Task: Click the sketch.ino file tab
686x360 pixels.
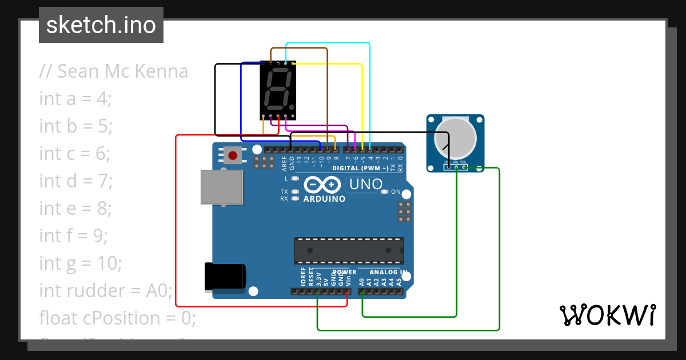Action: click(x=101, y=25)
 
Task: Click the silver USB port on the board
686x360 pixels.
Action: click(x=222, y=187)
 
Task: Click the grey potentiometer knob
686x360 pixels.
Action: click(x=455, y=138)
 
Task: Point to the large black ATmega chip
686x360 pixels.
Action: click(x=349, y=251)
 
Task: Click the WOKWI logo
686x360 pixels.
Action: click(x=607, y=315)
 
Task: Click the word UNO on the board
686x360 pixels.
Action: click(x=365, y=185)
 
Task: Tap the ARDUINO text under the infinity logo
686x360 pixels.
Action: click(x=324, y=199)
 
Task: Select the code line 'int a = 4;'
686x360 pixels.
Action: click(x=75, y=99)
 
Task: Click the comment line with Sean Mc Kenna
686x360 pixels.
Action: click(x=114, y=71)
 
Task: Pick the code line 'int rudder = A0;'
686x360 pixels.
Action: click(x=106, y=291)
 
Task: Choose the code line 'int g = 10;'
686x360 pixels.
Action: click(x=81, y=263)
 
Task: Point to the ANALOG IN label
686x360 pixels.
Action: click(x=388, y=272)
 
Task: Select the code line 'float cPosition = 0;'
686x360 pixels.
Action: click(x=118, y=318)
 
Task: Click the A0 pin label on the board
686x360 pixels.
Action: click(x=361, y=282)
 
